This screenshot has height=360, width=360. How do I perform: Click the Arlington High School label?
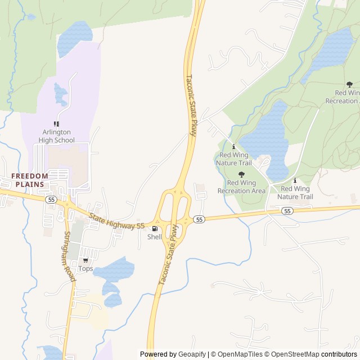(56, 136)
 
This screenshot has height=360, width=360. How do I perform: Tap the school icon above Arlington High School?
(56, 124)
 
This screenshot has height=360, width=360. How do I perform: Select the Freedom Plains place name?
(30, 180)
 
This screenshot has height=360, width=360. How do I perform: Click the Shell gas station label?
(155, 237)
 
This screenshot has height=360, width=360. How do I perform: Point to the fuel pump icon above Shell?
(155, 228)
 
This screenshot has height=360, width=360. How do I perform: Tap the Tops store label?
(85, 268)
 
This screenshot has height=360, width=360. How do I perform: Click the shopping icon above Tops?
(85, 260)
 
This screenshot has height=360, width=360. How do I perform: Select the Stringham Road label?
(69, 257)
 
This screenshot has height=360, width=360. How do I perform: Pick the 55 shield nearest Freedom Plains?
(51, 200)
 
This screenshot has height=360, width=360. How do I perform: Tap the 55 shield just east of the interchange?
(199, 219)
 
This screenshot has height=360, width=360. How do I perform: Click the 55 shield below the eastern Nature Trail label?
(287, 211)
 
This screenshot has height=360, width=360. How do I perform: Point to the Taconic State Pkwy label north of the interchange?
(192, 106)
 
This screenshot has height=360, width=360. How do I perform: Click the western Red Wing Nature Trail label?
(233, 159)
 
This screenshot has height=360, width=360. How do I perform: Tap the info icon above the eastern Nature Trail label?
(295, 181)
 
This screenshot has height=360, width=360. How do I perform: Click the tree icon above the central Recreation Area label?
(241, 174)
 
